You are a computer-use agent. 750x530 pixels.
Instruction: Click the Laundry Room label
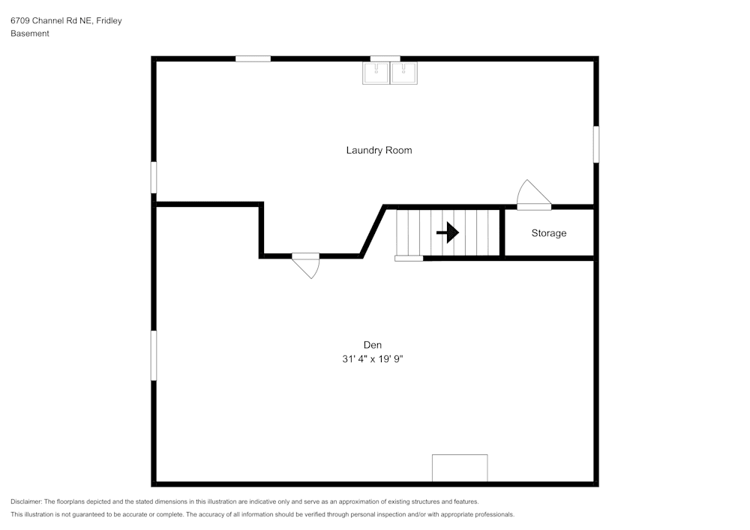[x=379, y=150]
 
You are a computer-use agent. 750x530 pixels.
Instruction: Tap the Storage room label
[x=549, y=233]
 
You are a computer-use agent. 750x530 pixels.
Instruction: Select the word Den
[x=373, y=345]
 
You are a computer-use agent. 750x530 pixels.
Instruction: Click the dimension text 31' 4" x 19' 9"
[x=373, y=359]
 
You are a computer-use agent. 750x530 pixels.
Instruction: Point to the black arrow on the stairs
[x=448, y=232]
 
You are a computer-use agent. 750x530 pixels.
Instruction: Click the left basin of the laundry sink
[x=375, y=73]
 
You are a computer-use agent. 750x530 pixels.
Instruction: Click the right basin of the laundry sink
[x=404, y=73]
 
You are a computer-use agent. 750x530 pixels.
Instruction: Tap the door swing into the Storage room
[x=533, y=194]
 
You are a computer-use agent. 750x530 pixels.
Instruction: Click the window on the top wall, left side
[x=253, y=58]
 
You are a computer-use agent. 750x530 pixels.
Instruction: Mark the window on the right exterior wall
[x=596, y=144]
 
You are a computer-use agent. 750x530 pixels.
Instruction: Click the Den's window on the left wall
[x=154, y=355]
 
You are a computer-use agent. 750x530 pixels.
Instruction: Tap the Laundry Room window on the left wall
[x=154, y=178]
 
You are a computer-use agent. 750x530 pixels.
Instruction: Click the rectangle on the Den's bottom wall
[x=460, y=468]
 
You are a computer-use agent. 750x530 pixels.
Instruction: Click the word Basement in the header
[x=30, y=34]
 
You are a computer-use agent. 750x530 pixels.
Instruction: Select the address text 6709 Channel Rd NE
[x=51, y=21]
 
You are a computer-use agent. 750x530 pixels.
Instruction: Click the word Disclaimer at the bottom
[x=26, y=502]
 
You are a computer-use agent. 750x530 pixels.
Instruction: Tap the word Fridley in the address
[x=109, y=21]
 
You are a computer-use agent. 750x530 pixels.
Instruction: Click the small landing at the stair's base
[x=409, y=258]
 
